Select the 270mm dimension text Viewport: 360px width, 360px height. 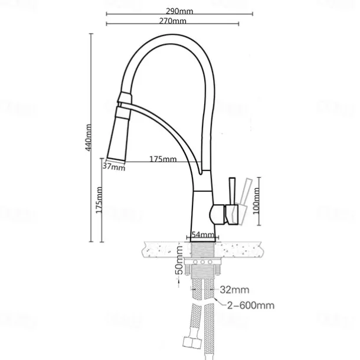point(173,21)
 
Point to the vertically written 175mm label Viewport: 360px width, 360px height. point(99,201)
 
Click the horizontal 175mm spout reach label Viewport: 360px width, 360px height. point(163,159)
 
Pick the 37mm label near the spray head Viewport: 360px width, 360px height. point(114,167)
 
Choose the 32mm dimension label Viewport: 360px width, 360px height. point(233,290)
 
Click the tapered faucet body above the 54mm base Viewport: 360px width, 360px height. point(202,207)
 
